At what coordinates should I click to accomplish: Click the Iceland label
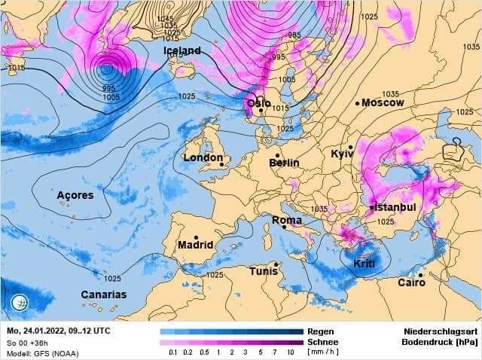coord(182,50)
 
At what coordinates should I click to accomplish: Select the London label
coord(203,158)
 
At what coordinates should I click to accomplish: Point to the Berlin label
coord(284,163)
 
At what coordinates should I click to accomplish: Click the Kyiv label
coord(342,154)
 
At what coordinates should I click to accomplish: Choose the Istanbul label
coord(395,207)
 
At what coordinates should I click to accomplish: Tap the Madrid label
coord(195,246)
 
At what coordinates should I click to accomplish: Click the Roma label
coord(286,221)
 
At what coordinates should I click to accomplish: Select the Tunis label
coord(264,271)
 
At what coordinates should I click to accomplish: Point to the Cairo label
coord(411,282)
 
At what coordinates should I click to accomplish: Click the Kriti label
coord(364,264)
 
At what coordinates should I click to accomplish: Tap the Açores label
coord(75,195)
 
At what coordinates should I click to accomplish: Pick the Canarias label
coord(104,294)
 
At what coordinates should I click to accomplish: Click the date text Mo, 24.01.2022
coord(38,331)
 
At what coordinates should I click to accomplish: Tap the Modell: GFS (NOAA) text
coord(43,352)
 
